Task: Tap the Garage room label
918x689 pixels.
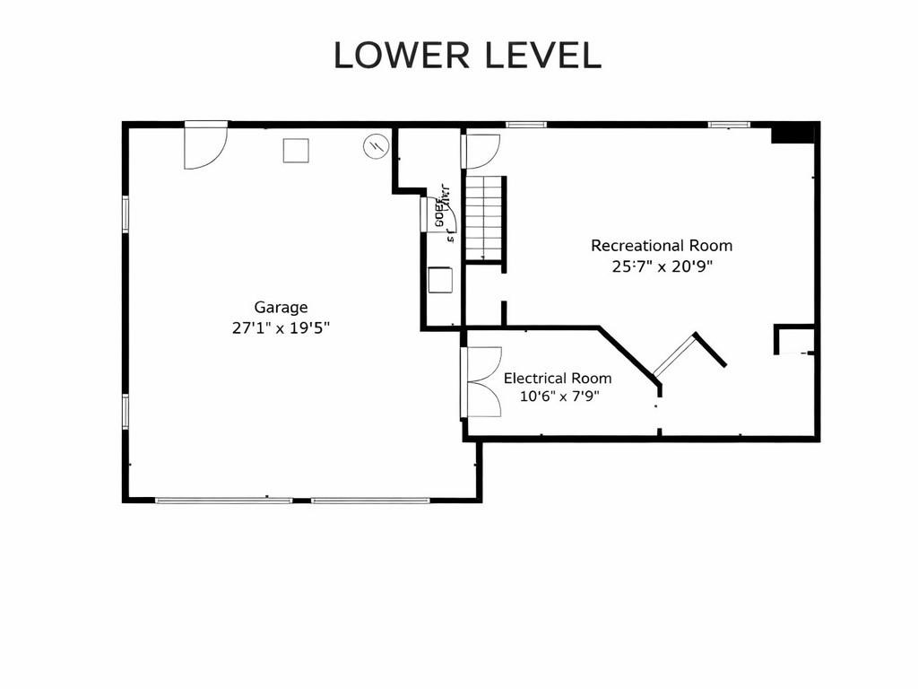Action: pyautogui.click(x=281, y=308)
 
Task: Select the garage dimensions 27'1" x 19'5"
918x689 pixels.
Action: pyautogui.click(x=281, y=328)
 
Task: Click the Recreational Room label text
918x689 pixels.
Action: pyautogui.click(x=661, y=246)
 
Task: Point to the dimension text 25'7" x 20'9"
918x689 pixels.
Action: pyautogui.click(x=661, y=266)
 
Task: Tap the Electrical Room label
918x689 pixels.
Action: pyautogui.click(x=557, y=379)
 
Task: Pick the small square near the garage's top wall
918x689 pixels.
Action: pyautogui.click(x=296, y=150)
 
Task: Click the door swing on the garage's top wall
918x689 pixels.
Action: pyautogui.click(x=205, y=145)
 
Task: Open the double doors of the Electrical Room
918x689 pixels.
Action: pyautogui.click(x=482, y=382)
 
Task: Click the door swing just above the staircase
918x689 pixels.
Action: pyautogui.click(x=481, y=150)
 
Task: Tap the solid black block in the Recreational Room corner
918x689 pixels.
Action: pyautogui.click(x=792, y=134)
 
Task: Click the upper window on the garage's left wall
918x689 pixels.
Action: pyautogui.click(x=126, y=214)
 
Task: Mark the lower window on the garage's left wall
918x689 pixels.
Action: pyautogui.click(x=126, y=410)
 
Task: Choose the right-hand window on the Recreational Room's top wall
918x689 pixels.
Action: pyautogui.click(x=729, y=125)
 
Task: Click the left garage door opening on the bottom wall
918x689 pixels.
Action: pyautogui.click(x=212, y=500)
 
